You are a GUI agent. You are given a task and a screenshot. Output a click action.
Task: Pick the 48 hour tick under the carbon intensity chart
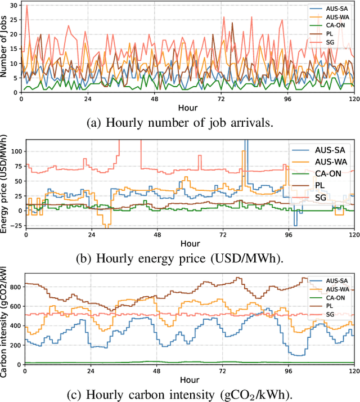tap(158, 372)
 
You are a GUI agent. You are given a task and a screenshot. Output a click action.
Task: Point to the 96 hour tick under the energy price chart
tap(290, 235)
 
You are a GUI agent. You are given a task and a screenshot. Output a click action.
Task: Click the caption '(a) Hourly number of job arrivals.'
tap(180, 122)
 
